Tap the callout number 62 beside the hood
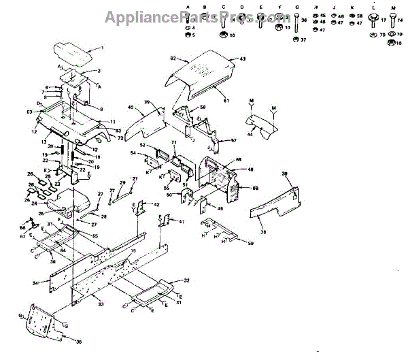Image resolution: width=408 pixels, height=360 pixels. click(x=173, y=59)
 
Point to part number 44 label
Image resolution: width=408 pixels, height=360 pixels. click(x=250, y=135)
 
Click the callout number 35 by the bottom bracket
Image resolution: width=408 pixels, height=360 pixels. click(x=79, y=342)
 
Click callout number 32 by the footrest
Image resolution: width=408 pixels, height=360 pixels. click(x=186, y=280)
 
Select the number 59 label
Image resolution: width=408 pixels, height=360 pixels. click(x=250, y=243)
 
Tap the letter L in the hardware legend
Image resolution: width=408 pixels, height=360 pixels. click(x=373, y=6)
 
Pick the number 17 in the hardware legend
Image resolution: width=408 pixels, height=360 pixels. click(x=383, y=20)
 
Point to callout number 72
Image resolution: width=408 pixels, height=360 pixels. click(x=120, y=138)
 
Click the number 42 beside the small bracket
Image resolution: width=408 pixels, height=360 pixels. click(x=156, y=204)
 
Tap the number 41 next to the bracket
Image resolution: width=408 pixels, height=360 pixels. click(x=182, y=222)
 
